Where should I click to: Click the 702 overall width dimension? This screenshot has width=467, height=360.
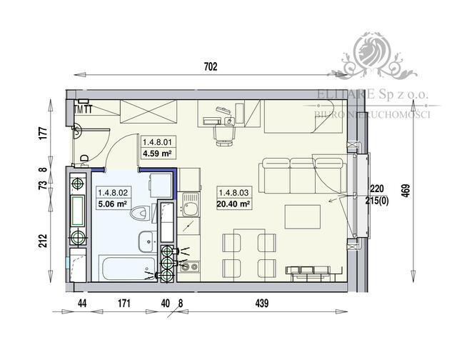[x=210, y=67]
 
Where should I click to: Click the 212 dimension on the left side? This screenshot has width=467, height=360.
[x=42, y=239]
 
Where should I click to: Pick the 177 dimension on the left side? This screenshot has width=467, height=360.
[x=42, y=132]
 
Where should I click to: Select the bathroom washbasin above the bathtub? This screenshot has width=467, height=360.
[x=145, y=241]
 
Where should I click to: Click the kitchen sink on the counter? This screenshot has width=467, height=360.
[x=190, y=209]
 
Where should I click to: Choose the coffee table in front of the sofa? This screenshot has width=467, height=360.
[x=301, y=215]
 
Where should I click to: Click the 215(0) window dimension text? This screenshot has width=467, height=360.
[x=377, y=199]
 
